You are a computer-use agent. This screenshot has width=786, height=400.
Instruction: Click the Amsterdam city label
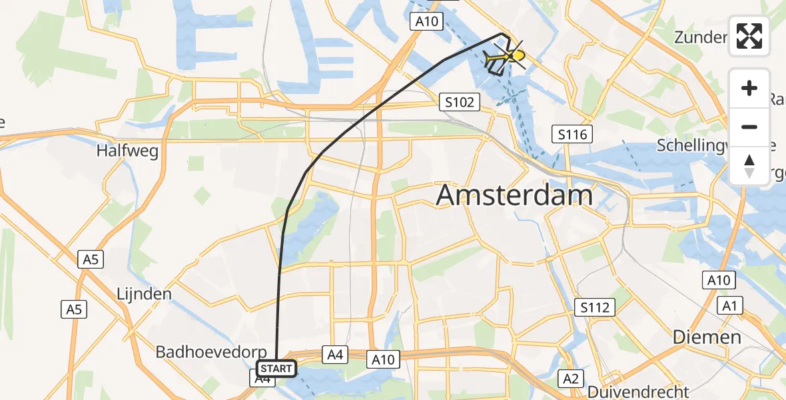pyautogui.click(x=514, y=196)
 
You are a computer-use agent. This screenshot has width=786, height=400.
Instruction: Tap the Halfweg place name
pyautogui.click(x=127, y=151)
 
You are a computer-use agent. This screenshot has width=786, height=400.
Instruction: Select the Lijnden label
pyautogui.click(x=144, y=293)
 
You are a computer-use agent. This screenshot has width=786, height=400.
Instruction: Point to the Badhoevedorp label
pyautogui.click(x=210, y=352)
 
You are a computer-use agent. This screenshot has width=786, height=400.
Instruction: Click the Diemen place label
pyautogui.click(x=707, y=337)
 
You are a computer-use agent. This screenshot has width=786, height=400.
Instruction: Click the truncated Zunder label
pyautogui.click(x=699, y=37)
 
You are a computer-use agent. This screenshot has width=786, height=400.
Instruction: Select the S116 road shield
pyautogui.click(x=573, y=135)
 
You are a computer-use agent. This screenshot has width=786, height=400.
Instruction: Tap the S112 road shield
pyautogui.click(x=595, y=307)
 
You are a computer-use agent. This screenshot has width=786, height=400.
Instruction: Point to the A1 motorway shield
pyautogui.click(x=729, y=306)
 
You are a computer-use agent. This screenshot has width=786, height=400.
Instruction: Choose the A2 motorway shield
pyautogui.click(x=570, y=379)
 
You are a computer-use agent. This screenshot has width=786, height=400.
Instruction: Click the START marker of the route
pyautogui.click(x=276, y=368)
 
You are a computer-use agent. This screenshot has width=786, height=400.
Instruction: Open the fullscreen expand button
pyautogui.click(x=749, y=37)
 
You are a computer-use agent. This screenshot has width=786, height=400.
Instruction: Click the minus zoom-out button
pyautogui.click(x=749, y=127)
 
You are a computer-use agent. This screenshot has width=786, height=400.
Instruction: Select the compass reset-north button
pyautogui.click(x=749, y=165)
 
